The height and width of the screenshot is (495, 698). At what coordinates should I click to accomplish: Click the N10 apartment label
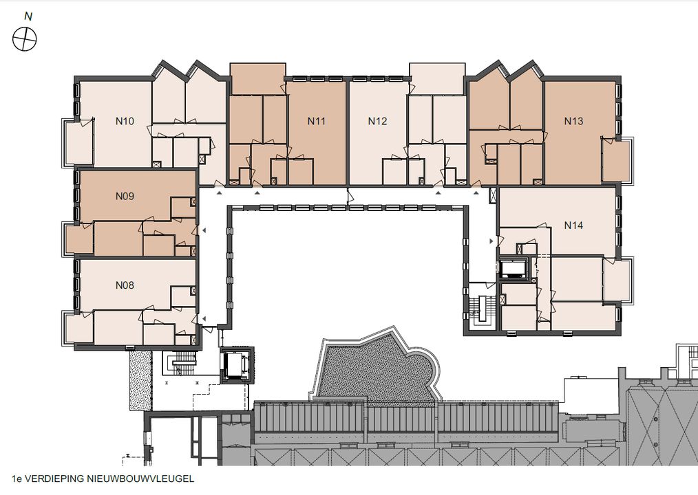pos(125,121)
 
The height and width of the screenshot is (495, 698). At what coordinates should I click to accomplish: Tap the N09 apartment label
pos(125,196)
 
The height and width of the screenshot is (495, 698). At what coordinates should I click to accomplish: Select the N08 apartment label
pos(125,285)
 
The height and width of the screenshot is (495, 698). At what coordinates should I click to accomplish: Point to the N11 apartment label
pos(317,121)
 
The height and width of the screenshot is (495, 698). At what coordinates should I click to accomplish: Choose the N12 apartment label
pos(377,121)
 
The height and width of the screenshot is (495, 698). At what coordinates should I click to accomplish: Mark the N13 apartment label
pos(573,121)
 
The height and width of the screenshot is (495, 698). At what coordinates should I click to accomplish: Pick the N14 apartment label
pos(573,225)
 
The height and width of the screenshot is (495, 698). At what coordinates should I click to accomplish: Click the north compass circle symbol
pos(25,39)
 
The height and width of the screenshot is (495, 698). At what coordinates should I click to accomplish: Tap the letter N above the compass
pos(28,16)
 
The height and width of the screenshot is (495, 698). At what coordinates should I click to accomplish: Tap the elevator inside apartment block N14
pos(514,269)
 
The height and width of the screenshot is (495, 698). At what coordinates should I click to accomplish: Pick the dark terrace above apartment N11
pos(257,79)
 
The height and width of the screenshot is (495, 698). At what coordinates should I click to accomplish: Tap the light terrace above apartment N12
pos(437,79)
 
